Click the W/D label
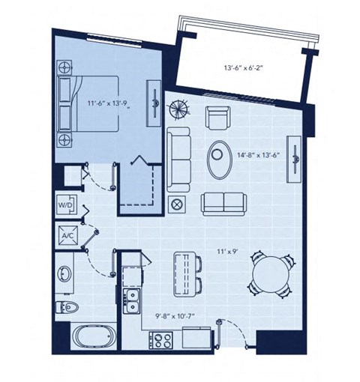point(64,204)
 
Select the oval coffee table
point(220,158)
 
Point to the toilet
point(67,307)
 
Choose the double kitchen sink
point(133,300)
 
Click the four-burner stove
point(162,341)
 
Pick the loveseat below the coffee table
point(223,203)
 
